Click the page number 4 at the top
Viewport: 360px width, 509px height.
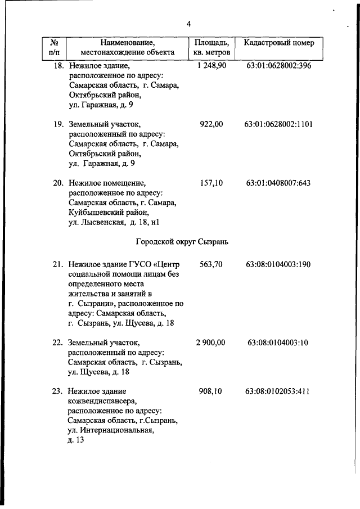coord(189,24)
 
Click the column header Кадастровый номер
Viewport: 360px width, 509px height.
coord(278,43)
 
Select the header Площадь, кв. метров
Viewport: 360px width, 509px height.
coord(211,48)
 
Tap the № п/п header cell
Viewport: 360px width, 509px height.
coord(55,48)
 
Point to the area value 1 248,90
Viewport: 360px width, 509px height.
coord(211,66)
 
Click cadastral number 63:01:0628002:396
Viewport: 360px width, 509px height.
coord(278,66)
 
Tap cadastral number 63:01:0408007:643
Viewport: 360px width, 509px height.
coord(278,183)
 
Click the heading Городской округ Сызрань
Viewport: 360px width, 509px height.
coord(182,242)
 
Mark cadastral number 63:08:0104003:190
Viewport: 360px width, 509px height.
coord(278,264)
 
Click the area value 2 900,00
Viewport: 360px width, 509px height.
coord(211,343)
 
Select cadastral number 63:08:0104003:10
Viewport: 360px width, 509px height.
coord(278,343)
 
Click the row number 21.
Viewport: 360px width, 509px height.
coord(58,264)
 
